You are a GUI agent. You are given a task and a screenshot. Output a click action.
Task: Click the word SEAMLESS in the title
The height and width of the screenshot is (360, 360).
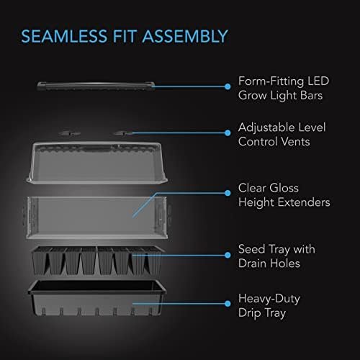point(64,36)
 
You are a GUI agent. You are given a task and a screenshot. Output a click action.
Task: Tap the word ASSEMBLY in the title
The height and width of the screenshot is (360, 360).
point(185,36)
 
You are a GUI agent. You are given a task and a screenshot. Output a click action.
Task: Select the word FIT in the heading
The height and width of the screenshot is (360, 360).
point(125,36)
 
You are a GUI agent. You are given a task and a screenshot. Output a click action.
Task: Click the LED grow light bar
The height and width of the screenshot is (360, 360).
point(96,86)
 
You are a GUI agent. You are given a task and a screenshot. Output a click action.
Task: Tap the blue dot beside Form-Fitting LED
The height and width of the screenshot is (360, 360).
point(228,86)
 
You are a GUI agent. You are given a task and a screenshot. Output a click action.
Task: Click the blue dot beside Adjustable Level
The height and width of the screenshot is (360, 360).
point(228,133)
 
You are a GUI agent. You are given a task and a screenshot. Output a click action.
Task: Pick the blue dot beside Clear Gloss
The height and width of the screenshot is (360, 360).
point(228,193)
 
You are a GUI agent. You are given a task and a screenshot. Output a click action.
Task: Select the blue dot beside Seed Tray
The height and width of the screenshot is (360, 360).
point(228,255)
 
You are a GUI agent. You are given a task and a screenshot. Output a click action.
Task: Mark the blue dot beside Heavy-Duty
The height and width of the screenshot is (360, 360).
point(228,304)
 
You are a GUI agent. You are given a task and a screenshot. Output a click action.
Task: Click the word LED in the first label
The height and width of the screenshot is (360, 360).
point(318,81)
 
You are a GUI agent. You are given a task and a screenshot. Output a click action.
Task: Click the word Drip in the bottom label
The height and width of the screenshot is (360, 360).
point(250,313)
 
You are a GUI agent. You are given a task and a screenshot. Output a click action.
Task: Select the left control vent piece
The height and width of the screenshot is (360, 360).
point(70,133)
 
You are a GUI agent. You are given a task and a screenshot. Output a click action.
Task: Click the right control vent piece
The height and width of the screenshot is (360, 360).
point(123,133)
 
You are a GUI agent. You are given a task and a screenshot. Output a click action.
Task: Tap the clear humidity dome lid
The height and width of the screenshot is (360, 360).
point(96,163)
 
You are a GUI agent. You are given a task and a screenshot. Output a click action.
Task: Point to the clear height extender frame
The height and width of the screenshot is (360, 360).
point(96,217)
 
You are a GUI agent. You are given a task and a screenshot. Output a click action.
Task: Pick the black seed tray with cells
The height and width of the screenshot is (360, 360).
point(96,261)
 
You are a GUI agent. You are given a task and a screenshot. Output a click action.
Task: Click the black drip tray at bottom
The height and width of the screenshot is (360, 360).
point(96,298)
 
